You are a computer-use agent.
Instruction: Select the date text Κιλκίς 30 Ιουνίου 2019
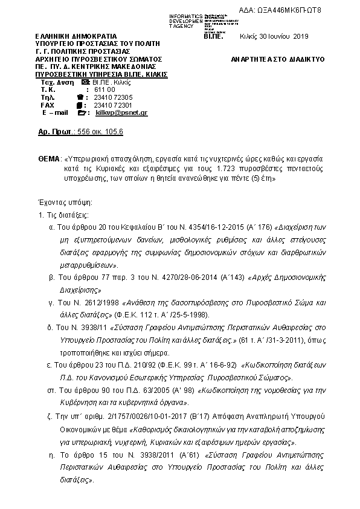275,36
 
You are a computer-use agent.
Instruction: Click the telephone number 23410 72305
114,97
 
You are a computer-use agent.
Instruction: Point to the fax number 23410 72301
114,105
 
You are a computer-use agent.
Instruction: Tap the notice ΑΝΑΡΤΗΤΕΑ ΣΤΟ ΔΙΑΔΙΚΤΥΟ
278,59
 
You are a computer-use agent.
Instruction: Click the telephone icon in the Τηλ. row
82,97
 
